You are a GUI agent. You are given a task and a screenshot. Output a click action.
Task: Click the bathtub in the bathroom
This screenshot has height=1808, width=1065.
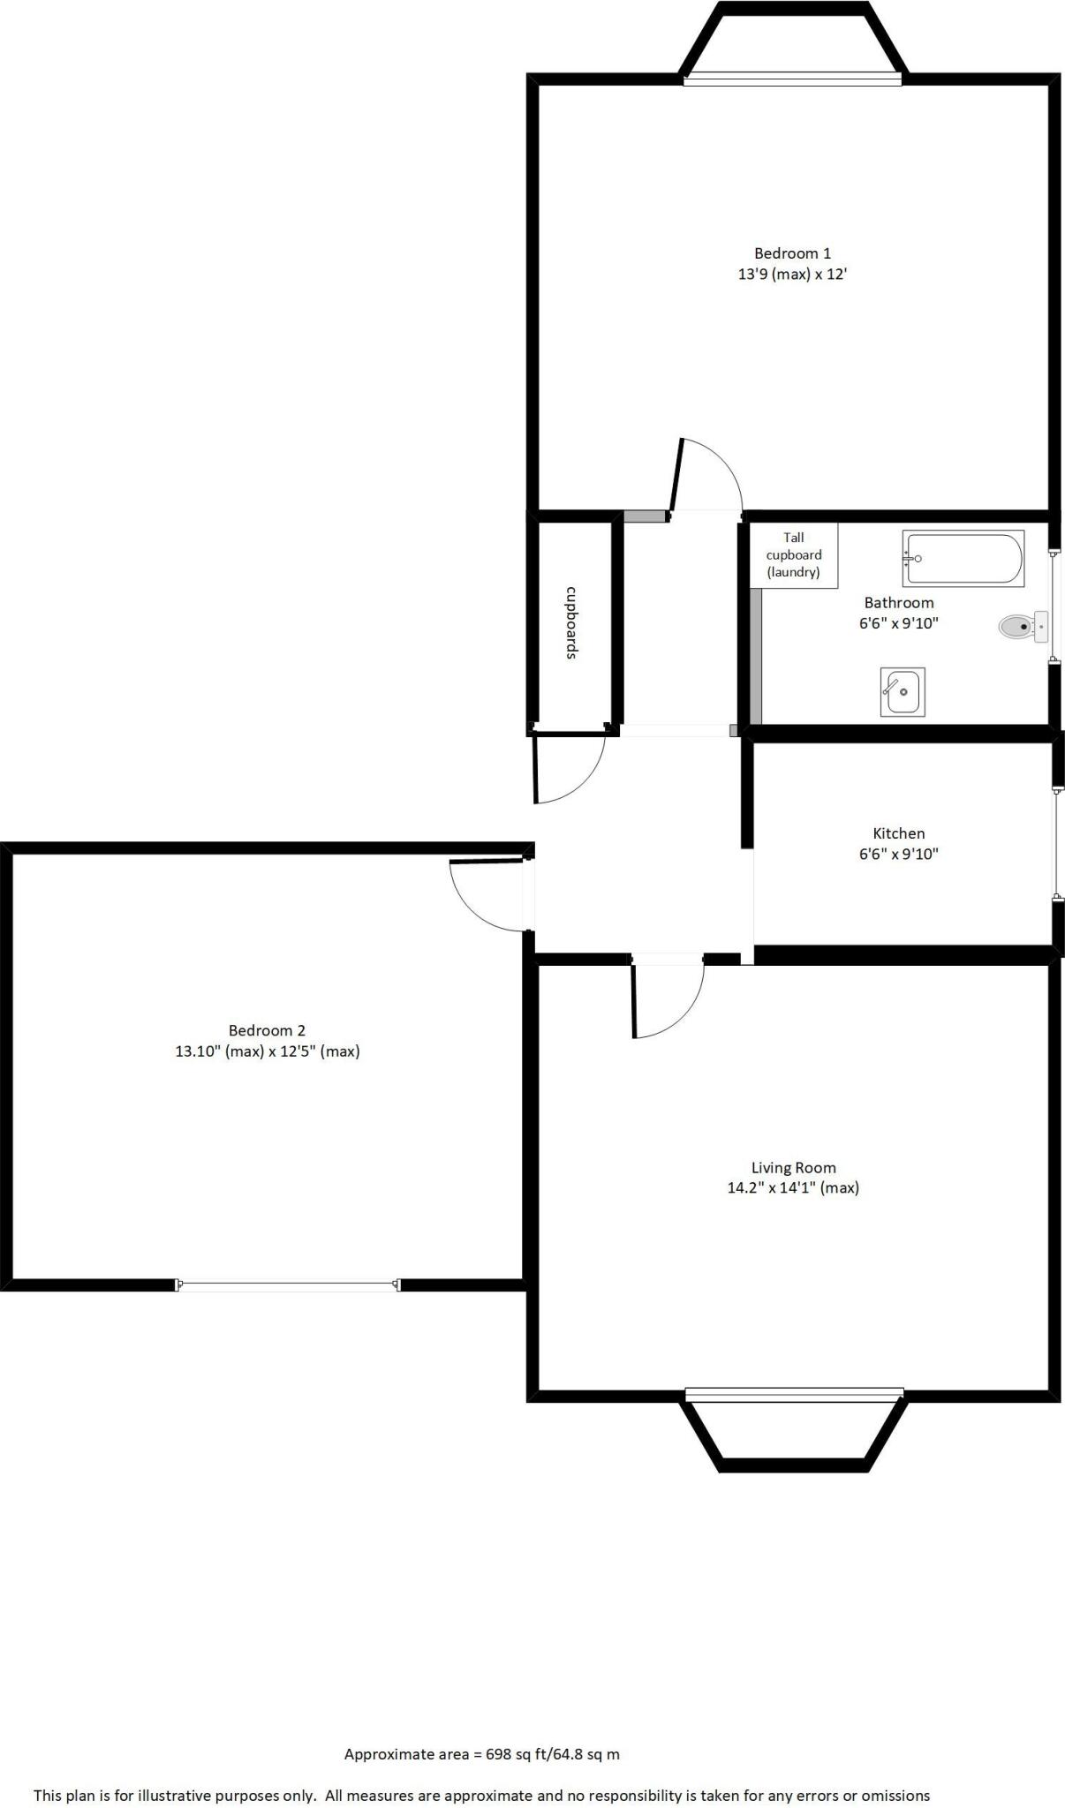[x=963, y=559]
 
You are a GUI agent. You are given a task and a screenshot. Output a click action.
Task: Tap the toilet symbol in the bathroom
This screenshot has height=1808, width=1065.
[x=1021, y=627]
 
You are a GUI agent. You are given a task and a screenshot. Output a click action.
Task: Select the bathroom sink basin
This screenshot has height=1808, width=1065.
[x=903, y=692]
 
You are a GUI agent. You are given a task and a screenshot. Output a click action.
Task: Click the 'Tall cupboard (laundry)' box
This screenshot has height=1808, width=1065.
[x=793, y=554]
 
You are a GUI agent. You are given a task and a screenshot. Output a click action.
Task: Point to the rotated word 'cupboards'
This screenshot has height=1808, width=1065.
[x=571, y=622]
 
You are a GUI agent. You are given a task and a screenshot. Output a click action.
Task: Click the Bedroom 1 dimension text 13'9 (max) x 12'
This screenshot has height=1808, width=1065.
[x=792, y=275]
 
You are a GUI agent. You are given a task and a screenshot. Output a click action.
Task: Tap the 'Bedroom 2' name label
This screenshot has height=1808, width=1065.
[x=267, y=1030]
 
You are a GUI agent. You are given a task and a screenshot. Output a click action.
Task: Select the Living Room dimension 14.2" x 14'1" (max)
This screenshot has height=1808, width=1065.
[x=792, y=1188]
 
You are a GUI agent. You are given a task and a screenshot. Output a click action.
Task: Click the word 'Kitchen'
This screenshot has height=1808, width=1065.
[x=898, y=833]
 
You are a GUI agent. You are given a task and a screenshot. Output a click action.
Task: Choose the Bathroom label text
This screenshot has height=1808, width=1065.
[x=898, y=603]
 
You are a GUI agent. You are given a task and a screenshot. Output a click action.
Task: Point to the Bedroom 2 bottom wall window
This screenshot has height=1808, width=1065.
[x=289, y=1285]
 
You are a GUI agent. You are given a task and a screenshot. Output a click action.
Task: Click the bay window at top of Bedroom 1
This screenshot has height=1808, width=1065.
[x=792, y=79]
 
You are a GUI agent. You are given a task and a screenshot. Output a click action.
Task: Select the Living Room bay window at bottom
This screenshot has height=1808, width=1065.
[x=794, y=1395]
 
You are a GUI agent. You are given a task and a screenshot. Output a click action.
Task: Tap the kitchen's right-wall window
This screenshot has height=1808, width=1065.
[x=1056, y=844]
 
